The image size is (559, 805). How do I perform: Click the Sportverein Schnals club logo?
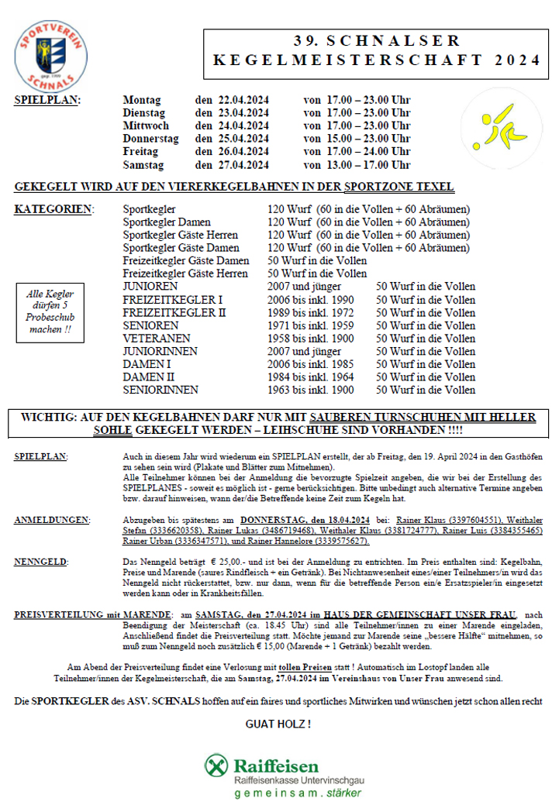tap(50, 54)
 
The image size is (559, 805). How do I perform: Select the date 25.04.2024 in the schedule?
tap(243, 139)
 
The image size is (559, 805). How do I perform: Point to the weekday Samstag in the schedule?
tap(144, 165)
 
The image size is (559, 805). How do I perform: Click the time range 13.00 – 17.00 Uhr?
tap(357, 165)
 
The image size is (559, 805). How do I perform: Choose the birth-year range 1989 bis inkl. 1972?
tap(310, 312)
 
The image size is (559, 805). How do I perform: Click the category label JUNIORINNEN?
tap(160, 351)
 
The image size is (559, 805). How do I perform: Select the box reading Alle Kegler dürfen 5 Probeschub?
tap(50, 311)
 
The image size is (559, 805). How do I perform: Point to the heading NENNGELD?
tap(40, 560)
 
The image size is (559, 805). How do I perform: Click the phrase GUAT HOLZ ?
tap(278, 724)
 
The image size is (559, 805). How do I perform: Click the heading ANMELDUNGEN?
tap(51, 520)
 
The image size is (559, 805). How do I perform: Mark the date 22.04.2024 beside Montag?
tap(243, 100)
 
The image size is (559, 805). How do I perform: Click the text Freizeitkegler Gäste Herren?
tap(185, 273)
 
